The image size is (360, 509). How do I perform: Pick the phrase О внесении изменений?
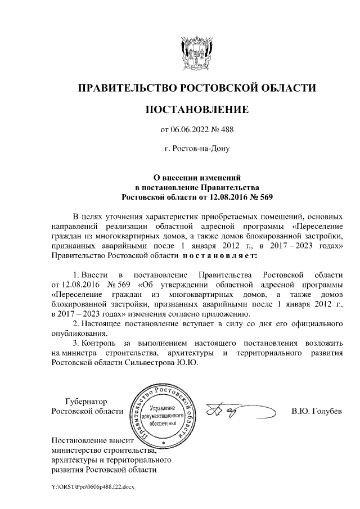pos(197,177)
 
